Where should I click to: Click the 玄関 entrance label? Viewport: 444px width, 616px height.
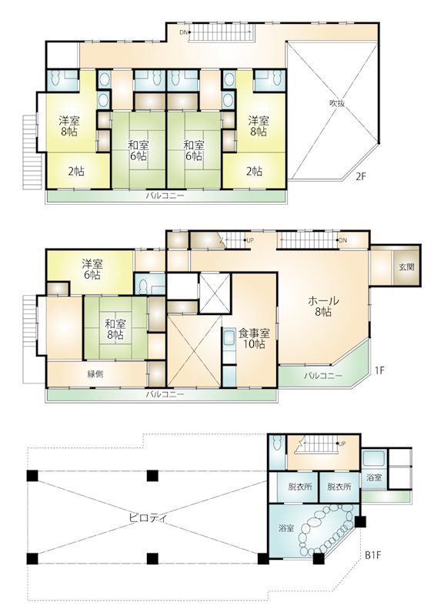click(407, 267)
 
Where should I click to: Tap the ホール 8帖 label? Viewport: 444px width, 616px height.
click(323, 306)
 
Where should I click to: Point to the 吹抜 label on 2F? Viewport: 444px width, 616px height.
click(337, 103)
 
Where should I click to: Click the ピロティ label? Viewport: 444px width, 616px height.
click(148, 517)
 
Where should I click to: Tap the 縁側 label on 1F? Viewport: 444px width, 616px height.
click(95, 374)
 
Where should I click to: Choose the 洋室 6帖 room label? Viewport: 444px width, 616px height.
click(92, 269)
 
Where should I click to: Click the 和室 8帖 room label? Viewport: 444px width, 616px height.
click(115, 330)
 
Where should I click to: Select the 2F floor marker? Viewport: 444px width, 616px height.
click(361, 176)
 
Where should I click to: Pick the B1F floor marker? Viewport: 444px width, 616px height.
click(373, 555)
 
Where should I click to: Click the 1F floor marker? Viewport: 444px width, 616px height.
click(379, 370)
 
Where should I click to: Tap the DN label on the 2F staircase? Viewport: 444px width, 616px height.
click(183, 32)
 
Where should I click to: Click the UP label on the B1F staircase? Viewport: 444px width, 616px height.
click(342, 444)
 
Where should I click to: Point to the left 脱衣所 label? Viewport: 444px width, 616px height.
click(300, 487)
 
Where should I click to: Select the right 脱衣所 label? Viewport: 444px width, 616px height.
click(339, 487)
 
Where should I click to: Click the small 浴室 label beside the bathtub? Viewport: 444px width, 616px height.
click(374, 477)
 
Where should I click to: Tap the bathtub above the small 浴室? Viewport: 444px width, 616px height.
click(375, 459)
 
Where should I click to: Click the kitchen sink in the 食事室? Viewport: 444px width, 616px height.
click(229, 339)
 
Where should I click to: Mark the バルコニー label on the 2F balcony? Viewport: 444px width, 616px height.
click(165, 196)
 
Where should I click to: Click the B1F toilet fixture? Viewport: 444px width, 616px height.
click(278, 444)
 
